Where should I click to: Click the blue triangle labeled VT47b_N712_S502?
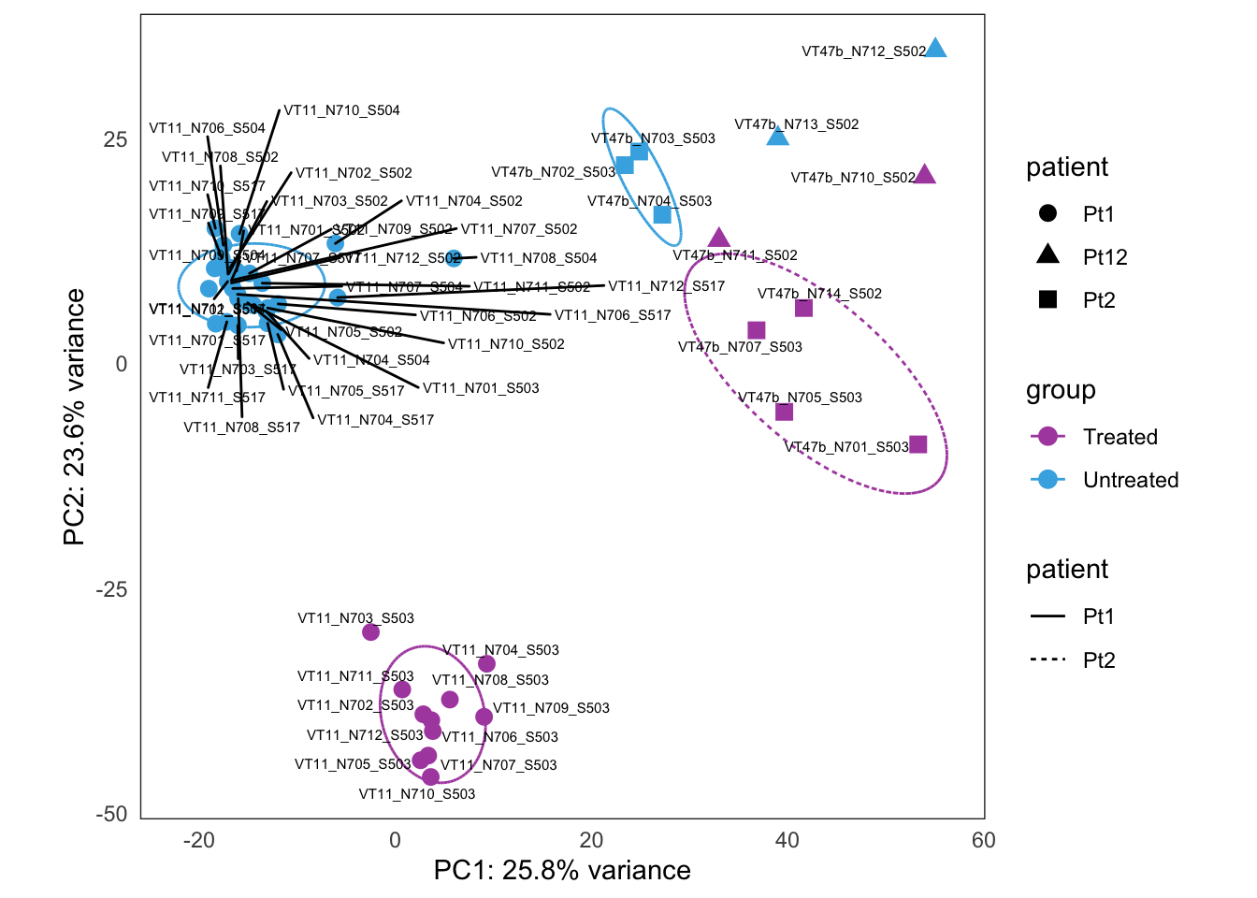935,49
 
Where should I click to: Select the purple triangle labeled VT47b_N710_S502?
924,175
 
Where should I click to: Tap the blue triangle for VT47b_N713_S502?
777,137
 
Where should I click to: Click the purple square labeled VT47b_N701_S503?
917,444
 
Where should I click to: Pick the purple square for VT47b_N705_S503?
784,413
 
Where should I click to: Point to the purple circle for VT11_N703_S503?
370,632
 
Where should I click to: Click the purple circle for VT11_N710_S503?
430,776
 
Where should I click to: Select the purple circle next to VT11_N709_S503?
484,717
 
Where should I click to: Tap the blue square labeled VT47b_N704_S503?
662,215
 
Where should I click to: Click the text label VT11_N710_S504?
341,110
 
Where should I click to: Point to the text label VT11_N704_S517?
375,420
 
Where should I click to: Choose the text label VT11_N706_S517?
613,315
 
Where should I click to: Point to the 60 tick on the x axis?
983,840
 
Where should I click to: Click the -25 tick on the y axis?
112,589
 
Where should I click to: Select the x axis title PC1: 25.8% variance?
562,871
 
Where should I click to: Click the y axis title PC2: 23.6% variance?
75,416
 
